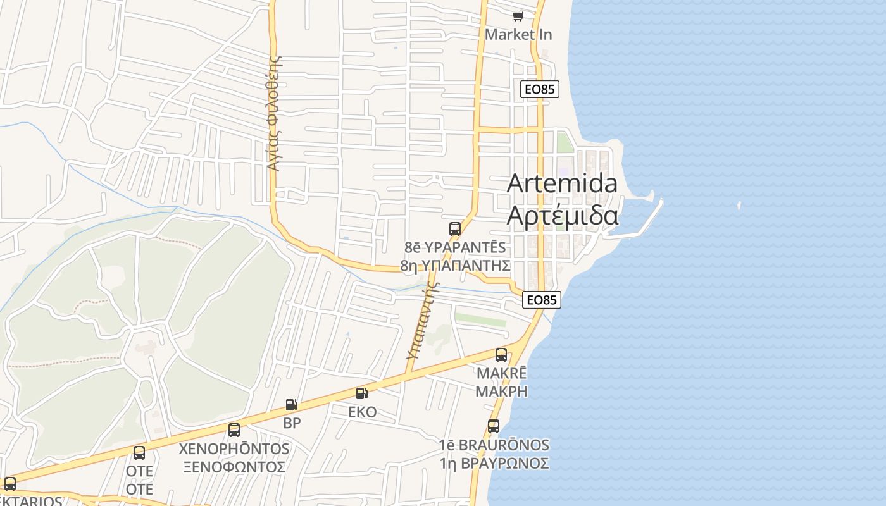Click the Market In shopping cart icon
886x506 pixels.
click(x=518, y=16)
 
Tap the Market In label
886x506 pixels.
click(x=518, y=35)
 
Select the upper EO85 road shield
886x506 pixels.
click(x=540, y=89)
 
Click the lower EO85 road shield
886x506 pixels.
click(x=542, y=300)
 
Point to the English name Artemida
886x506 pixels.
click(x=562, y=183)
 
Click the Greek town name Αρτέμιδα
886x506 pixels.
click(x=562, y=216)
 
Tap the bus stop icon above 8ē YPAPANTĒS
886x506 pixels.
click(x=455, y=229)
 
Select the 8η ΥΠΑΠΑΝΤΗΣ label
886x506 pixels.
click(x=455, y=265)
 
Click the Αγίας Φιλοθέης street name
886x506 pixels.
click(x=274, y=114)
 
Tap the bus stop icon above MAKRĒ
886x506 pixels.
click(x=501, y=355)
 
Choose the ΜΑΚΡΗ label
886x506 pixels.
click(x=501, y=391)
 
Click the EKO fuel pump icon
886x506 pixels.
click(x=362, y=393)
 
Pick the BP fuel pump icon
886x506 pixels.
click(x=291, y=405)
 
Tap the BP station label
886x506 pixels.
click(x=292, y=423)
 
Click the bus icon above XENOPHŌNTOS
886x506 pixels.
click(x=234, y=430)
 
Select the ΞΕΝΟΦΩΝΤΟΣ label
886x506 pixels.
click(x=234, y=467)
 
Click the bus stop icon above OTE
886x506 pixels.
click(x=139, y=453)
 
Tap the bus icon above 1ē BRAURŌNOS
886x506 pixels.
click(x=494, y=426)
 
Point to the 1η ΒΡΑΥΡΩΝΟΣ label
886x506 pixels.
click(x=494, y=463)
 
